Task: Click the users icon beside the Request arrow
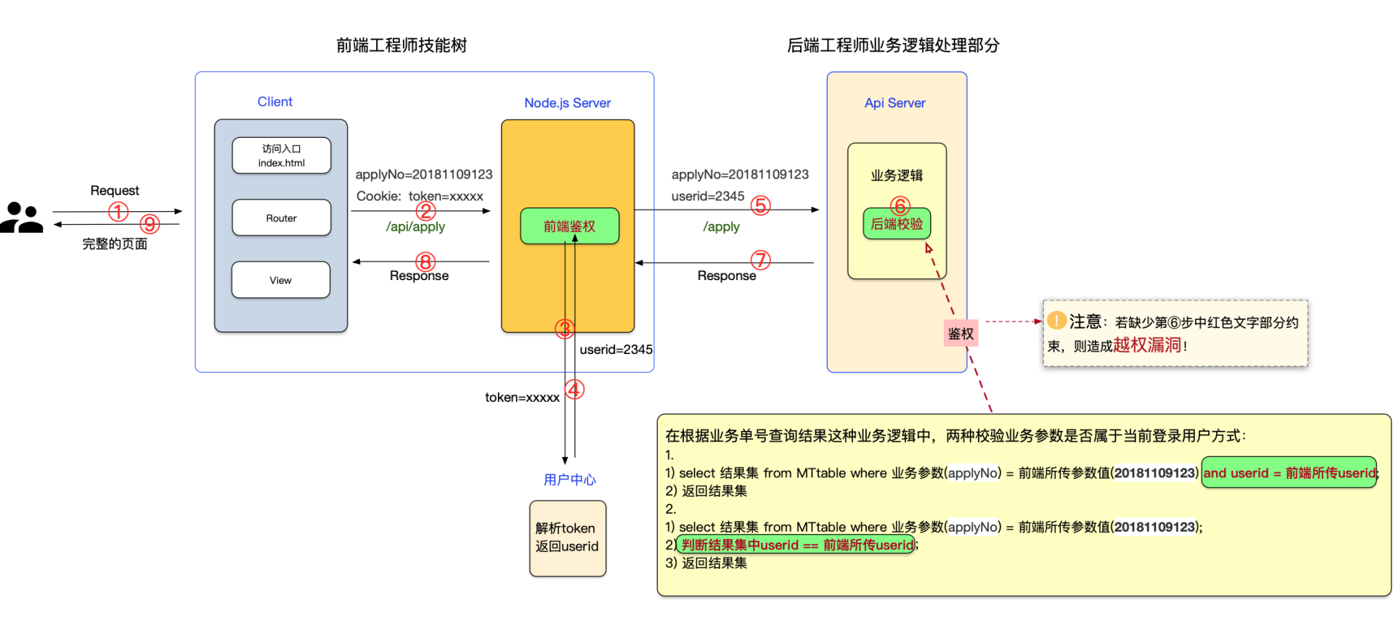22,217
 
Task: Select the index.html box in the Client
281,155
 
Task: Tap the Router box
281,218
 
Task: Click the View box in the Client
280,280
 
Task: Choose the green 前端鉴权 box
569,226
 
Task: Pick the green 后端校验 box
897,223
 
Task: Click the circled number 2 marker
425,211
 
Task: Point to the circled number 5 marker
760,205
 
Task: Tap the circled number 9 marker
150,223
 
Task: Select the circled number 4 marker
574,390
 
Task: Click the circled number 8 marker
425,261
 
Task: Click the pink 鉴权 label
960,334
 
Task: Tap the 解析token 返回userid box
567,538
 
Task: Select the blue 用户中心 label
569,480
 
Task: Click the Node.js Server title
567,103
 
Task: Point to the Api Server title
894,103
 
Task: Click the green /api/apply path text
415,226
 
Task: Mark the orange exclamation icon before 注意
1056,320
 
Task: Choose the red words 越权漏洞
1147,345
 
